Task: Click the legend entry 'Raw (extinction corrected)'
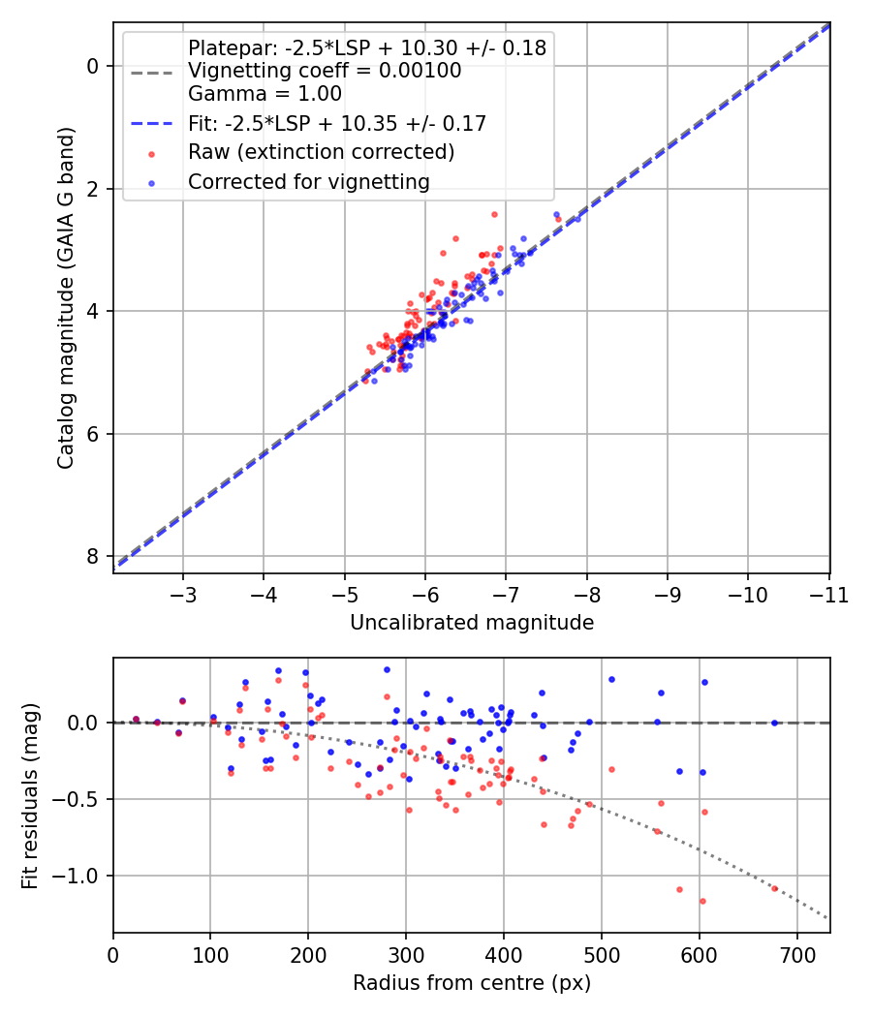321,152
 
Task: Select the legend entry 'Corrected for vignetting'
308,181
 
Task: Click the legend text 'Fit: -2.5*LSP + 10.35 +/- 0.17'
336,123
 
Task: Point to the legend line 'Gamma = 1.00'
265,94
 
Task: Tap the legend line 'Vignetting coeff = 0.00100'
325,71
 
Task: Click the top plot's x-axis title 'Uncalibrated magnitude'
471,623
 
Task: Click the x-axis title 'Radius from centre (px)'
471,983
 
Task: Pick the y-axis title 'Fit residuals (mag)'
31,795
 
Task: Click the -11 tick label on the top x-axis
828,594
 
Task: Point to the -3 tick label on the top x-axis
183,594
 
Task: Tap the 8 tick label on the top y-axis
93,556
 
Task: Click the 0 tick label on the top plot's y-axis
93,66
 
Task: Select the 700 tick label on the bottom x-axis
796,954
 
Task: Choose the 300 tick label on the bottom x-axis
406,954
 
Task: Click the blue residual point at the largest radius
774,723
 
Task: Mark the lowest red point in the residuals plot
702,901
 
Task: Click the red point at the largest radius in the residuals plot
774,888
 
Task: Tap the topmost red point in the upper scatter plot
494,214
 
